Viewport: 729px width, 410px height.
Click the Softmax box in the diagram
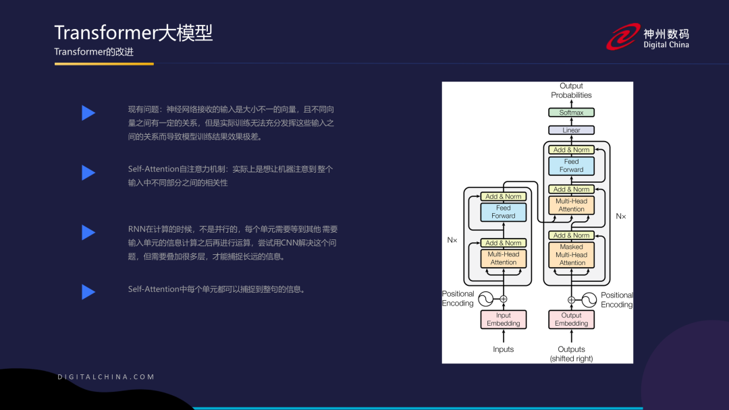571,113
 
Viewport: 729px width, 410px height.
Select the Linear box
571,130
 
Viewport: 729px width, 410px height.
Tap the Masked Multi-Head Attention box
571,255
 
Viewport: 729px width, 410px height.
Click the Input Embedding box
504,320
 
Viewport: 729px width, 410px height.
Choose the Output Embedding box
571,320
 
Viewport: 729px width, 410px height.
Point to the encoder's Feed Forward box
504,212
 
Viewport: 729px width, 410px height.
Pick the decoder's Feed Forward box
571,166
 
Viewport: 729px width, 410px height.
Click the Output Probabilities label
571,90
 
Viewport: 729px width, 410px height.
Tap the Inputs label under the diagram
504,349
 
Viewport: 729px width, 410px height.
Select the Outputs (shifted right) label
571,354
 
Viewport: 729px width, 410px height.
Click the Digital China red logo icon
622,36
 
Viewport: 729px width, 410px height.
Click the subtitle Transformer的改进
94,52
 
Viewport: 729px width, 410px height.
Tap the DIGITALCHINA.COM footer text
106,377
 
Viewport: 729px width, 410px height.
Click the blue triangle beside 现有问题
88,113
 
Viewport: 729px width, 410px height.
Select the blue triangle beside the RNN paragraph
88,233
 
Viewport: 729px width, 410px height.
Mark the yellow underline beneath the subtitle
104,64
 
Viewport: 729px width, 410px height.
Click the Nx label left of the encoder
452,239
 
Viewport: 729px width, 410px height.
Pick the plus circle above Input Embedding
504,299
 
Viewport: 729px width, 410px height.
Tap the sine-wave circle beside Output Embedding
589,299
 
